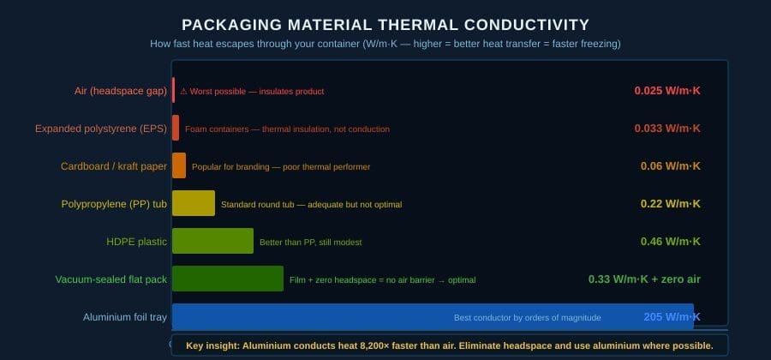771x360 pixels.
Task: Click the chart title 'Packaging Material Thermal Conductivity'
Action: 385,25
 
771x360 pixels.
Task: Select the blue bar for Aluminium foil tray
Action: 433,316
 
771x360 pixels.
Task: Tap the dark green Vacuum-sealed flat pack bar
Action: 228,279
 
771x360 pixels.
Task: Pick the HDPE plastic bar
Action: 213,241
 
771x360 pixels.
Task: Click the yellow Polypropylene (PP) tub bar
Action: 194,203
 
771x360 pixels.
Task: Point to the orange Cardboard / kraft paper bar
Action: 179,165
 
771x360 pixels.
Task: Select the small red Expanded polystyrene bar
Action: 176,128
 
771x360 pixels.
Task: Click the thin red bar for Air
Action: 174,90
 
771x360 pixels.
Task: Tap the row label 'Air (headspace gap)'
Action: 121,91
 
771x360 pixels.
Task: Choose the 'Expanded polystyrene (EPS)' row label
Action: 101,129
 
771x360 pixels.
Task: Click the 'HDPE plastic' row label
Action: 137,242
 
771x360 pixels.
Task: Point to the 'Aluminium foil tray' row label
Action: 125,317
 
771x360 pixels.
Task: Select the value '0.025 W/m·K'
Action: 667,91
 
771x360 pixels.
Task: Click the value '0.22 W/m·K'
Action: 671,204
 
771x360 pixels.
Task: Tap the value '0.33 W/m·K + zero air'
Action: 644,279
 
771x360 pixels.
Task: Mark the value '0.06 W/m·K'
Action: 671,166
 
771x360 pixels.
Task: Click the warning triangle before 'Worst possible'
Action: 183,92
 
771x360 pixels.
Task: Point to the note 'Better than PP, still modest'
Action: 311,243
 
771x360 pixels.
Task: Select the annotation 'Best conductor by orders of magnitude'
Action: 527,318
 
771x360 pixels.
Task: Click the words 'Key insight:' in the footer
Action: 213,345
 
